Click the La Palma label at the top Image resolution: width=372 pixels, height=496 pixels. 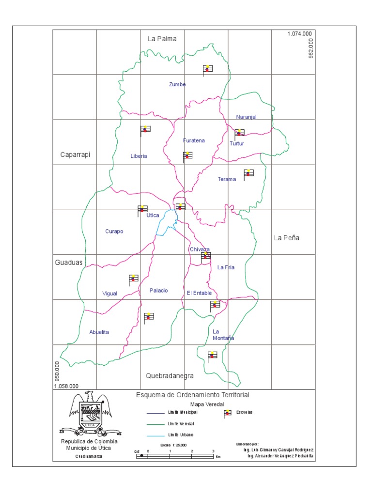162,38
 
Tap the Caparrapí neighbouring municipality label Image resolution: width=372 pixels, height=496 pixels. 76,155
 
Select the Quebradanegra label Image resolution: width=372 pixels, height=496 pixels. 170,376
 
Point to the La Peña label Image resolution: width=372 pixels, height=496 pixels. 287,238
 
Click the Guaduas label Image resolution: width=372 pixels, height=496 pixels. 68,263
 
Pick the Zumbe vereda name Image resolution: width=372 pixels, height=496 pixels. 177,84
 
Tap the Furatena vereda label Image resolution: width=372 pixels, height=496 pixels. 194,140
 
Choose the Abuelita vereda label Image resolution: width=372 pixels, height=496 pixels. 99,332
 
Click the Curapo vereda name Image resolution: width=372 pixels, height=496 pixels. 114,231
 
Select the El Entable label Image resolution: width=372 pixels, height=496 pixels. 199,293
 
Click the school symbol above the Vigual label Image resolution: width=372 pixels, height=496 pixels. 133,279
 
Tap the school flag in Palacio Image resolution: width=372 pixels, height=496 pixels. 149,316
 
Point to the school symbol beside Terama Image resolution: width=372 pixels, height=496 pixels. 248,173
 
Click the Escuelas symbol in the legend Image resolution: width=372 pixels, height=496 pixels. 227,413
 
